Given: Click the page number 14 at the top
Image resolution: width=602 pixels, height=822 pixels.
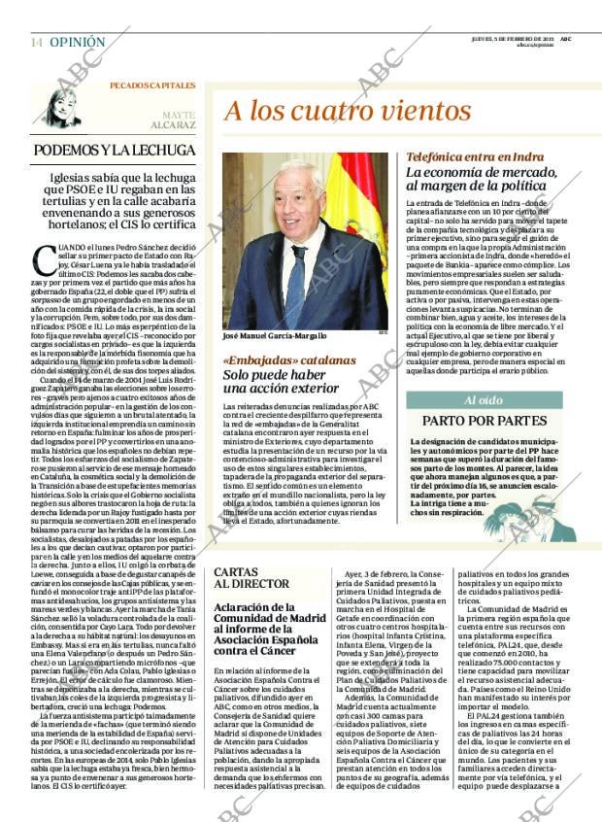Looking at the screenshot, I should [36, 43].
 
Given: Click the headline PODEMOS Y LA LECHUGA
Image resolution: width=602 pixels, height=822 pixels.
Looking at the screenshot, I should [115, 151].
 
